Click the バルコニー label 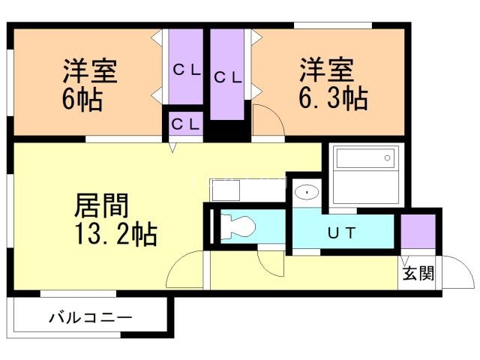click(91, 318)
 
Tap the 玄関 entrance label click(418, 274)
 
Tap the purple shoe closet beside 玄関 click(418, 232)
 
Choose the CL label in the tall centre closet click(227, 76)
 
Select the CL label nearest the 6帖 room click(185, 70)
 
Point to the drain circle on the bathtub click(387, 158)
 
